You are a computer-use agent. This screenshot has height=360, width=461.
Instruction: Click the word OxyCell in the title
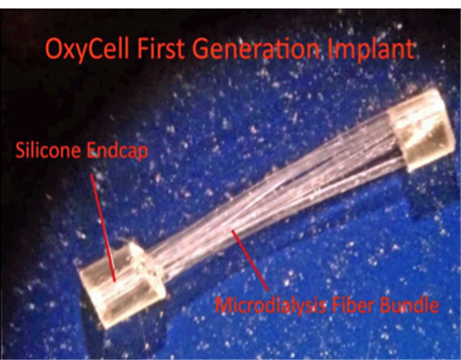[87, 50]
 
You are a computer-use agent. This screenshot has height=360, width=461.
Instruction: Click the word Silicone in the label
[49, 149]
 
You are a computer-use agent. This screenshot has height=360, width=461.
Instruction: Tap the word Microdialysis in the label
[270, 305]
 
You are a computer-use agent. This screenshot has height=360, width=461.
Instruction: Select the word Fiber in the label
[353, 304]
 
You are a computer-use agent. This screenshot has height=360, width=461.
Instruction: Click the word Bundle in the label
[409, 304]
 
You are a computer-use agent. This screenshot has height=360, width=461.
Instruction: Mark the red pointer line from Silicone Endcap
[103, 227]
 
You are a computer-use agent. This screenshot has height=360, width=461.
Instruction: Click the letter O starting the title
[54, 50]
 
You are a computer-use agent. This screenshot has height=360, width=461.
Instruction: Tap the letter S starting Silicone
[21, 150]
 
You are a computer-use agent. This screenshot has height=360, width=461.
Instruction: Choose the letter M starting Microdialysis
[224, 305]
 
